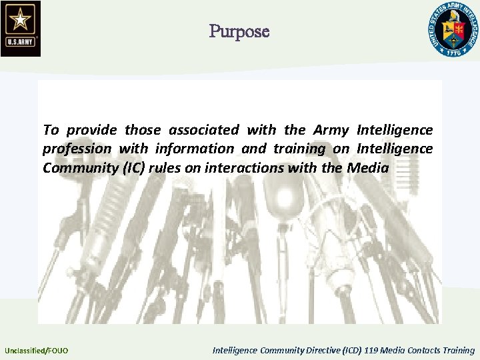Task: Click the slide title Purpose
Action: coord(239,31)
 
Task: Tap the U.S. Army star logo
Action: coord(21,28)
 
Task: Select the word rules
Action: coord(166,168)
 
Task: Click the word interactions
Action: coord(241,168)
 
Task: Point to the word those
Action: coord(143,129)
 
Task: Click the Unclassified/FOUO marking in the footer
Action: coord(36,350)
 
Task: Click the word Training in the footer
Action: coord(459,350)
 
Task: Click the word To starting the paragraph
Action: coord(51,129)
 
